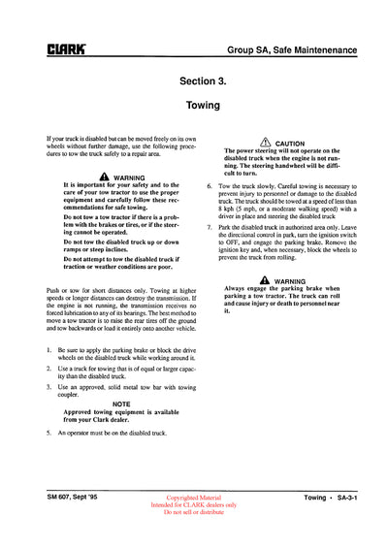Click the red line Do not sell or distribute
click(x=193, y=512)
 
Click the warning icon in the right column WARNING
click(x=251, y=279)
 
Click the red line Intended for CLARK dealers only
click(x=193, y=504)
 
